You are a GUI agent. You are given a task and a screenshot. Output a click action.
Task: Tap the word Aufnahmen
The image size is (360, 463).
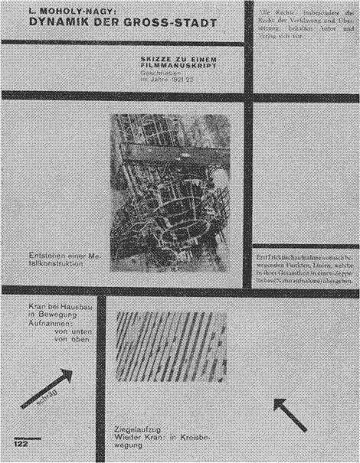click(38, 323)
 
